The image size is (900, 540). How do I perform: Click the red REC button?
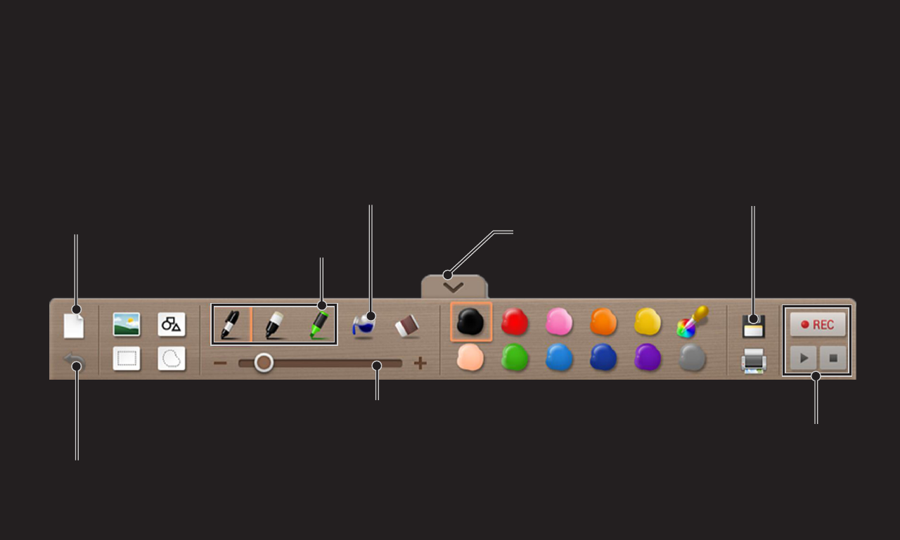click(818, 324)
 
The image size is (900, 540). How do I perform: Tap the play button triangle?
click(804, 358)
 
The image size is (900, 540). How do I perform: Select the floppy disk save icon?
click(753, 326)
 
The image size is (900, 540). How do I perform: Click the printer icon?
click(754, 361)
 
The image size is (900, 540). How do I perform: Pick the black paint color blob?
click(470, 321)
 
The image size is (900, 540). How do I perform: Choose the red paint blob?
click(515, 321)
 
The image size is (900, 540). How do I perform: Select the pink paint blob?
click(559, 321)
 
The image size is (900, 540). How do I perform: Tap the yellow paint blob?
click(648, 321)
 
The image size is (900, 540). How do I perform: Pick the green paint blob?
click(515, 356)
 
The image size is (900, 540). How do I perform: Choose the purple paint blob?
click(648, 356)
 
